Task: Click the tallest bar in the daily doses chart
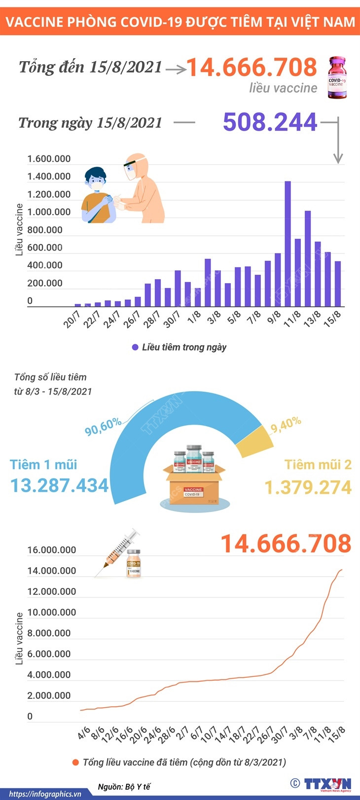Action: pyautogui.click(x=288, y=244)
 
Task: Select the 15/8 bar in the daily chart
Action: pyautogui.click(x=338, y=284)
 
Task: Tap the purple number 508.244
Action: pyautogui.click(x=270, y=122)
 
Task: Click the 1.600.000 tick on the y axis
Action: pyautogui.click(x=49, y=159)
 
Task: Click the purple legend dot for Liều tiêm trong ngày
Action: pyautogui.click(x=135, y=347)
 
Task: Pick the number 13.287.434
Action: pyautogui.click(x=60, y=485)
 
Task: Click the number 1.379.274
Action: pyautogui.click(x=308, y=487)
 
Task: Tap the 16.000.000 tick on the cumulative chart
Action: pyautogui.click(x=52, y=550)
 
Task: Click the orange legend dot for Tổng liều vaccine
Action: pyautogui.click(x=75, y=763)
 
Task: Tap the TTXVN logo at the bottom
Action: pyautogui.click(x=327, y=784)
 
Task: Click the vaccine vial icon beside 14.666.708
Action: pyautogui.click(x=337, y=77)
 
